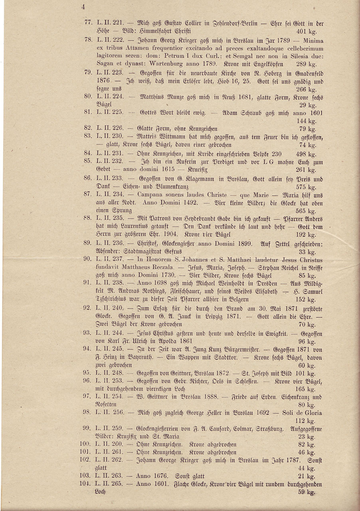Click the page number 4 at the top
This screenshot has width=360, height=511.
(83, 6)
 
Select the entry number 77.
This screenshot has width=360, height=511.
(89, 24)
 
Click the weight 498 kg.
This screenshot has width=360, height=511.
(306, 154)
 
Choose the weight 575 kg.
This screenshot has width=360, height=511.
(306, 187)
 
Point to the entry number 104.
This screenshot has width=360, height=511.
(87, 484)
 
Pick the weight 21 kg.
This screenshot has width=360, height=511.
(307, 476)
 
